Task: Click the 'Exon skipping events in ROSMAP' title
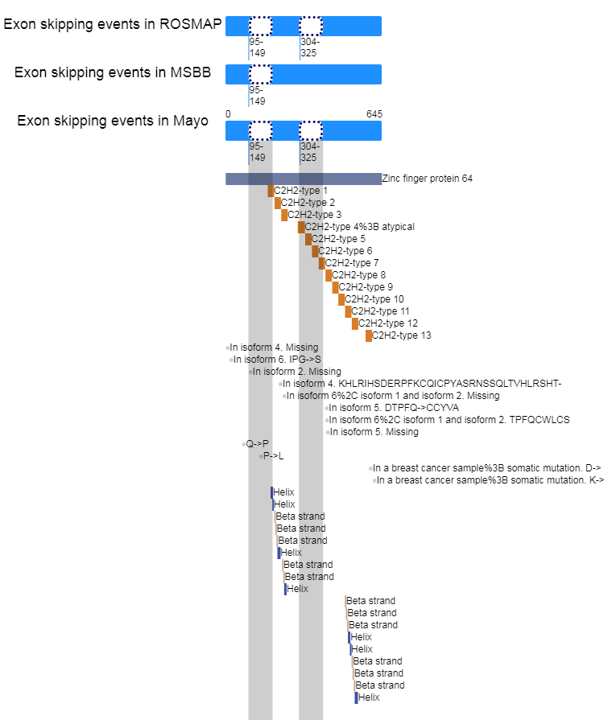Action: click(x=112, y=24)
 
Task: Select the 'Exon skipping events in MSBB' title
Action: click(x=113, y=72)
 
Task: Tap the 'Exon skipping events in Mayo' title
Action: click(x=113, y=121)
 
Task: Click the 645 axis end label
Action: click(x=374, y=114)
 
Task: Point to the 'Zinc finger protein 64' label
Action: click(x=427, y=179)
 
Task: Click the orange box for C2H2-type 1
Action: click(x=271, y=191)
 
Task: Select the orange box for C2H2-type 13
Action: click(x=369, y=335)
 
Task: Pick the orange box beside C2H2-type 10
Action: click(x=341, y=299)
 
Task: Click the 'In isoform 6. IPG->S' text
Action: click(x=277, y=360)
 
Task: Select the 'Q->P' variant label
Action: click(x=257, y=444)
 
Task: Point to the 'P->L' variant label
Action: click(x=273, y=456)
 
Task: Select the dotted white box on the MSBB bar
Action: click(x=260, y=74)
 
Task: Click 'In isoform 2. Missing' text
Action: click(x=296, y=372)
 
